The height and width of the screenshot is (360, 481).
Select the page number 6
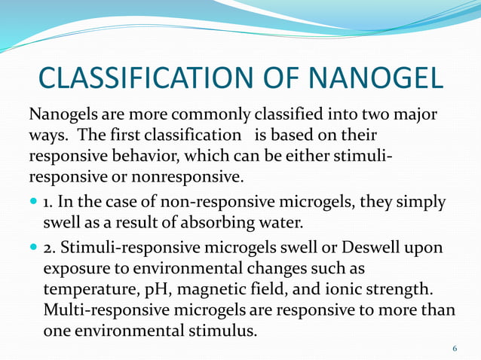coord(455,348)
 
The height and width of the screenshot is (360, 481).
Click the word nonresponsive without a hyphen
coord(200,177)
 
